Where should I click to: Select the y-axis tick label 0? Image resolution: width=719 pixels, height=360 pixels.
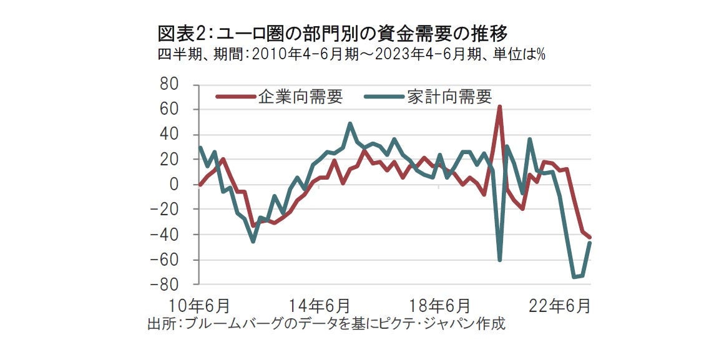point(175,185)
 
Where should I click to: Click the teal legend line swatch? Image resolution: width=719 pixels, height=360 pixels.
point(386,97)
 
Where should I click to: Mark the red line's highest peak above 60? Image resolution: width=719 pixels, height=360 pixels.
point(499,107)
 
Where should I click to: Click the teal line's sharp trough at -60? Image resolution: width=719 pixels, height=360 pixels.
point(500,260)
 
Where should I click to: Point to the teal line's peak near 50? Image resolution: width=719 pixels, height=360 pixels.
point(350,124)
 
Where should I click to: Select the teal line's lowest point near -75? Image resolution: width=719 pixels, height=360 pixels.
point(574,277)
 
